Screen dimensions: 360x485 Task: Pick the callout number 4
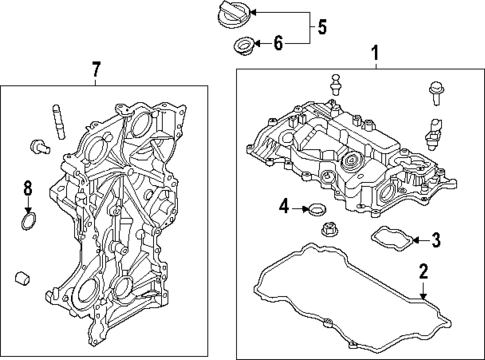284,207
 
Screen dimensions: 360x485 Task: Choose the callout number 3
435,240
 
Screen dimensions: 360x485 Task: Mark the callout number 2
423,271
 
